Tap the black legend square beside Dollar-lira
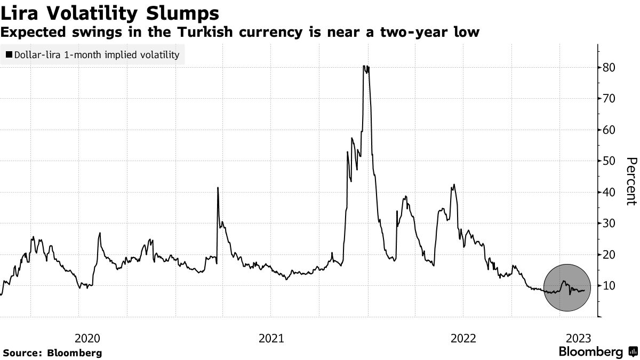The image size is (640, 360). pyautogui.click(x=8, y=54)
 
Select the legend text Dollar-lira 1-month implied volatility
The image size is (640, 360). pyautogui.click(x=96, y=54)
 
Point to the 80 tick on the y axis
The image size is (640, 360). pyautogui.click(x=609, y=68)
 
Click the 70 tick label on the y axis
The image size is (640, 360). pyautogui.click(x=609, y=99)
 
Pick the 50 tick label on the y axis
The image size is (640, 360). pyautogui.click(x=609, y=161)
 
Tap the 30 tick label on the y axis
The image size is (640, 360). pyautogui.click(x=609, y=223)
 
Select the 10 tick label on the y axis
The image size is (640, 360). pyautogui.click(x=609, y=286)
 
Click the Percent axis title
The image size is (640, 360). pyautogui.click(x=631, y=181)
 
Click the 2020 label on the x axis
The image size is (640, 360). pyautogui.click(x=87, y=338)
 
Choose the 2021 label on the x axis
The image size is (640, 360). pyautogui.click(x=271, y=338)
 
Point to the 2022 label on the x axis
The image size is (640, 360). pyautogui.click(x=463, y=338)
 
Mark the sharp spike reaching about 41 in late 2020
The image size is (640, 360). pyautogui.click(x=218, y=188)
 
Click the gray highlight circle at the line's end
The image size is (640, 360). pyautogui.click(x=567, y=287)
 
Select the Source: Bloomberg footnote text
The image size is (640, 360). pyautogui.click(x=52, y=353)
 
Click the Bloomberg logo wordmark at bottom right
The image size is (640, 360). pyautogui.click(x=590, y=352)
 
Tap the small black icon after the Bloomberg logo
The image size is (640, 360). pyautogui.click(x=632, y=352)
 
